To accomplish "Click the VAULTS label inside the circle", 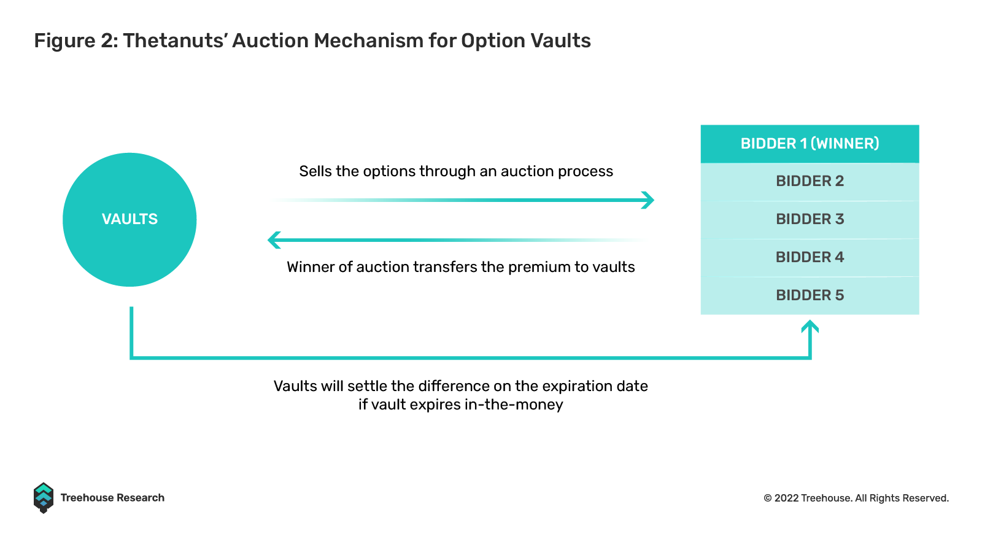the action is point(130,219).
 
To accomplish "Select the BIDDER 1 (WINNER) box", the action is point(810,144).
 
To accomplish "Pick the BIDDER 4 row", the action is point(810,258).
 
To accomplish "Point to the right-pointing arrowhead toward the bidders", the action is point(648,200).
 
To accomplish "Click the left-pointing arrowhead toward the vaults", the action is point(274,240).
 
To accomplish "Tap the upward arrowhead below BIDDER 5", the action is point(810,327).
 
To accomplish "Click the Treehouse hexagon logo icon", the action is point(44,498).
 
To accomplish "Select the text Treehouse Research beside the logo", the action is point(112,498).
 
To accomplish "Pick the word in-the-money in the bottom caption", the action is point(513,405).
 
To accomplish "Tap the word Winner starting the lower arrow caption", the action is point(311,267).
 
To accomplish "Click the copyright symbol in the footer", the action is point(768,498).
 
